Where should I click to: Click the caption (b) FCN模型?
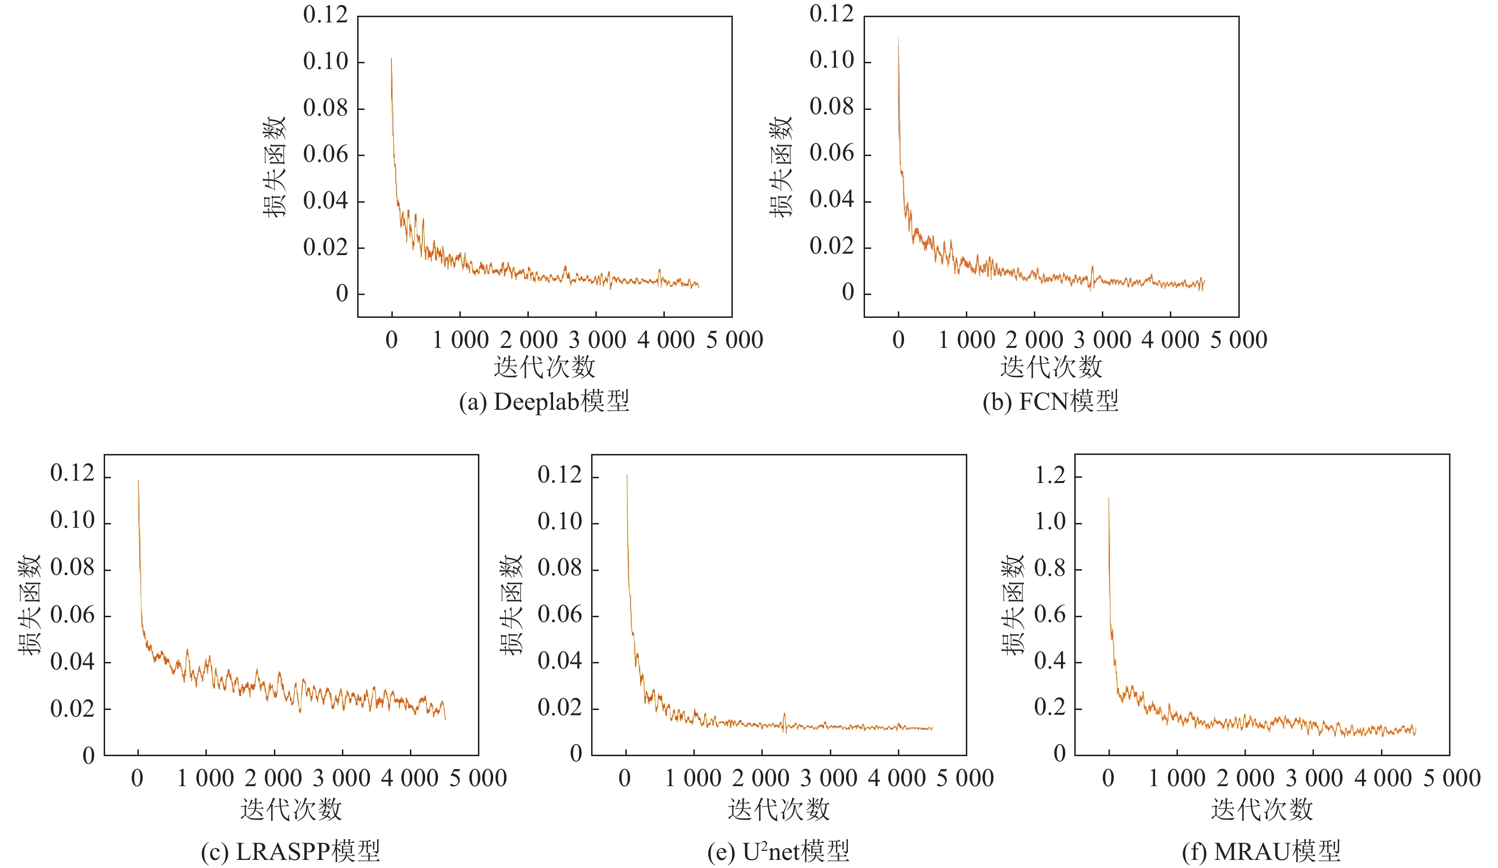click(1051, 402)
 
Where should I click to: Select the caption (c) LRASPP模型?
click(290, 851)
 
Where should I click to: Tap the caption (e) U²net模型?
click(778, 851)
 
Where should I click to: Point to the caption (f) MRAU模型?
click(1261, 851)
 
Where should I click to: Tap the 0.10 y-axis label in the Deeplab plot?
click(325, 61)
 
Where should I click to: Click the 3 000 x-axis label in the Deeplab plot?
click(597, 340)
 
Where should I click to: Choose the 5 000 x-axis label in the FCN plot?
click(1239, 340)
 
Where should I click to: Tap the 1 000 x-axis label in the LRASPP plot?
click(205, 778)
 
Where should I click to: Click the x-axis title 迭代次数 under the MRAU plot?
click(1261, 809)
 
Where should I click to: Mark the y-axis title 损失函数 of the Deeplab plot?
click(274, 167)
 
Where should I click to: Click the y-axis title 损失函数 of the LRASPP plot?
click(29, 605)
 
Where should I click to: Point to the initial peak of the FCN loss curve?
click(898, 39)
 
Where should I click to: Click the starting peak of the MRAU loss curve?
click(1109, 499)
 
